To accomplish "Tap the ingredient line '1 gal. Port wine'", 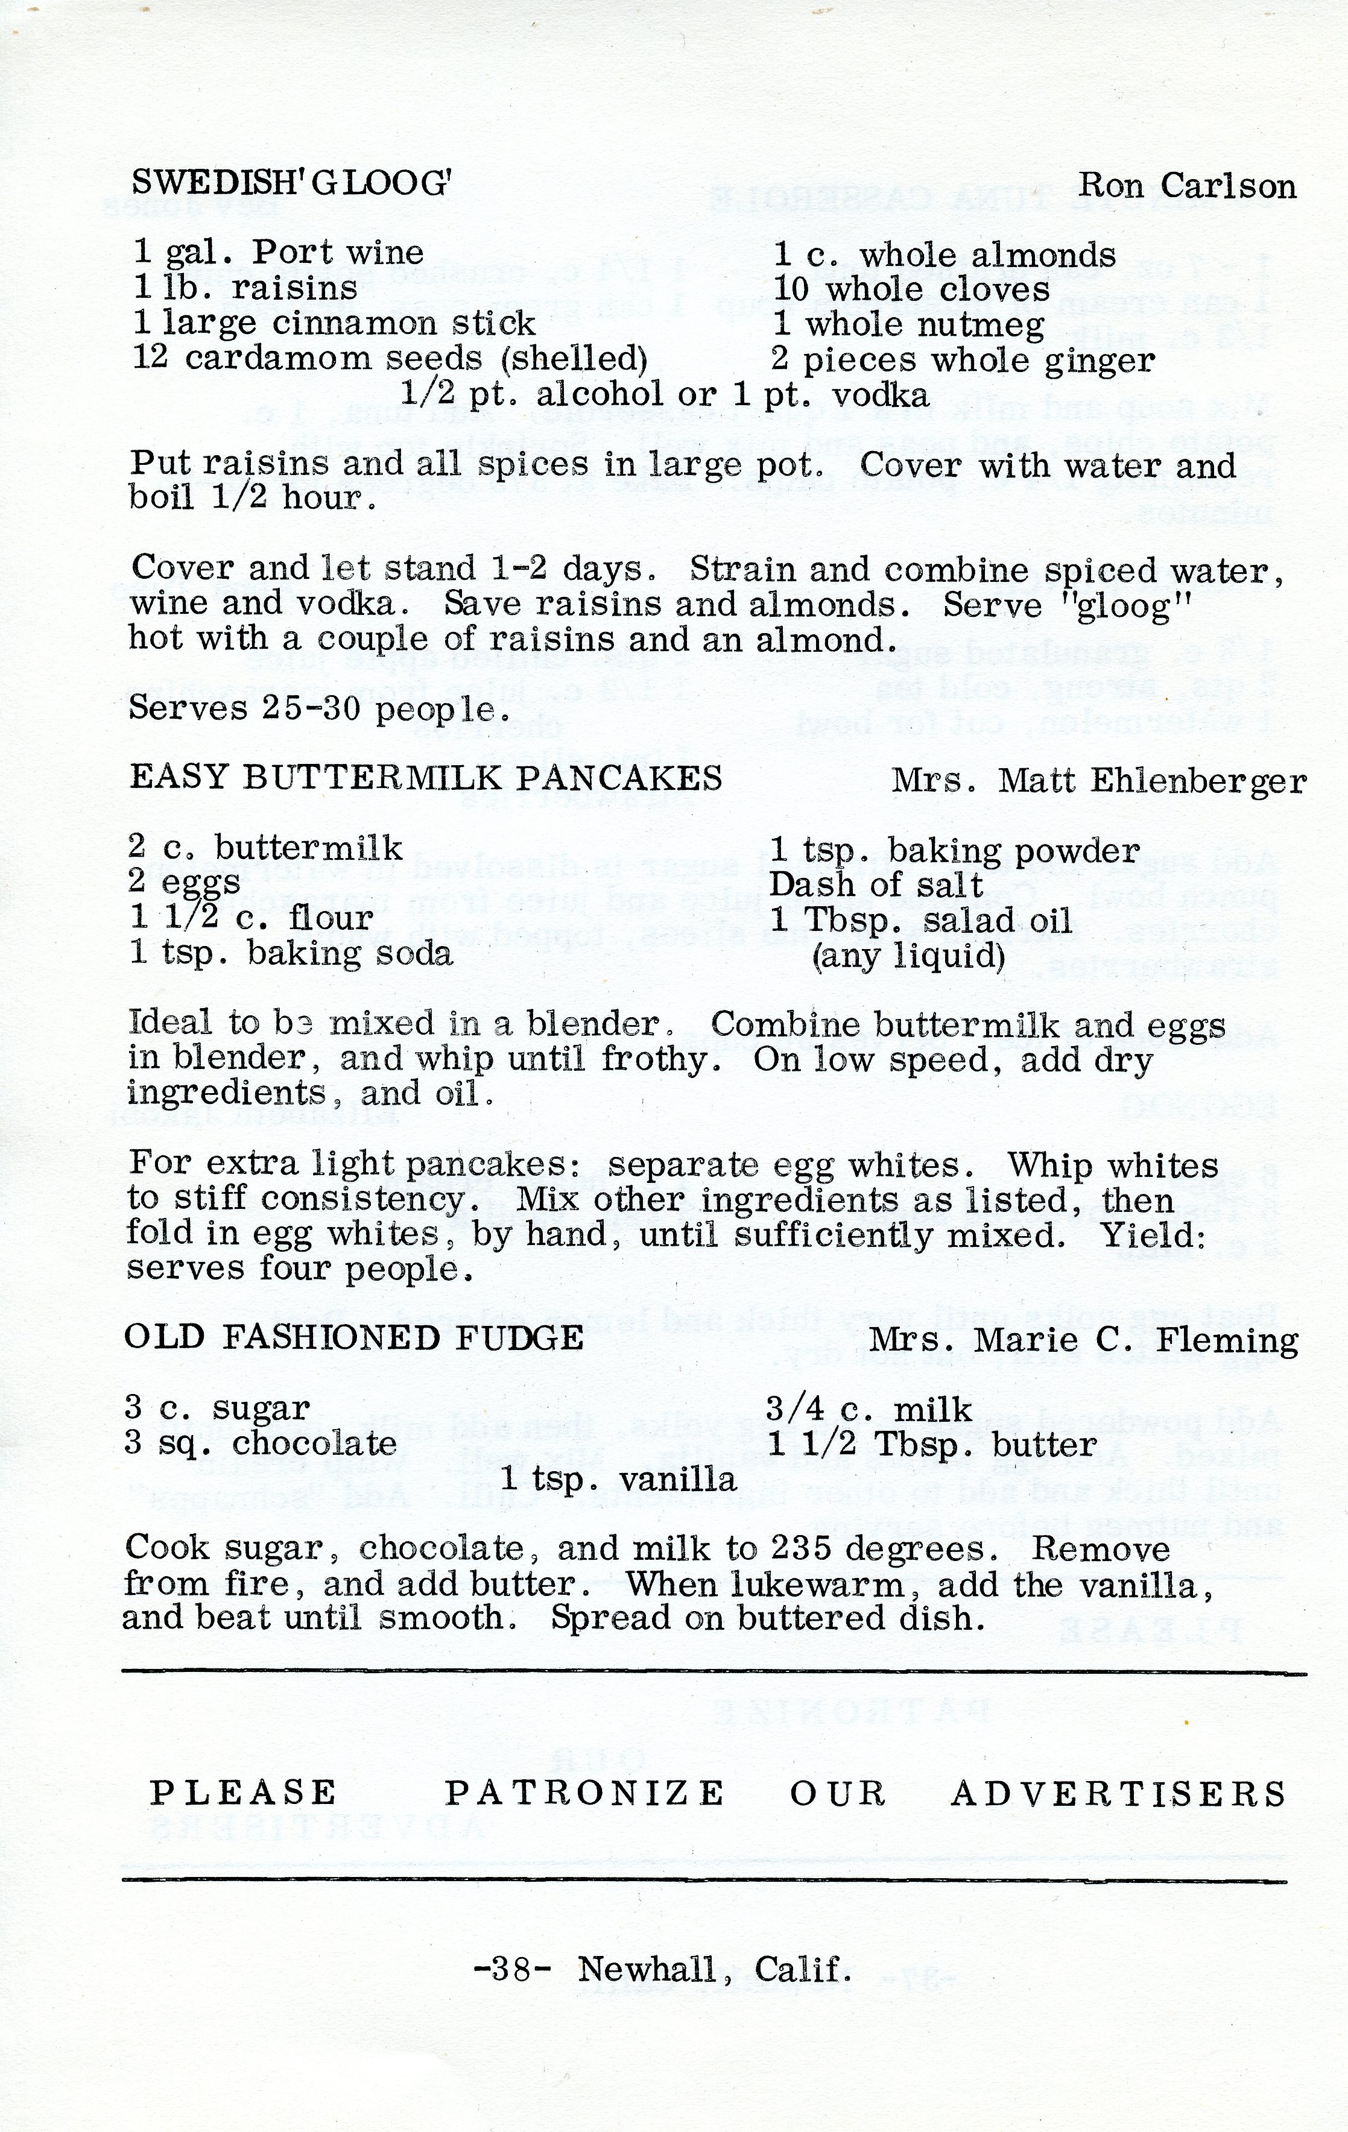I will tap(278, 253).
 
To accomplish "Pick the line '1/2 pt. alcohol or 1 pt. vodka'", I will tap(664, 394).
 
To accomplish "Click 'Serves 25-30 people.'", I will tap(319, 708).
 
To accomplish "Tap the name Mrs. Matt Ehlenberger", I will tap(1098, 780).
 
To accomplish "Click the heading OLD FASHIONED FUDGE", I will tap(354, 1337).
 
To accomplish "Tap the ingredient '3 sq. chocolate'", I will tap(261, 1443).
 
